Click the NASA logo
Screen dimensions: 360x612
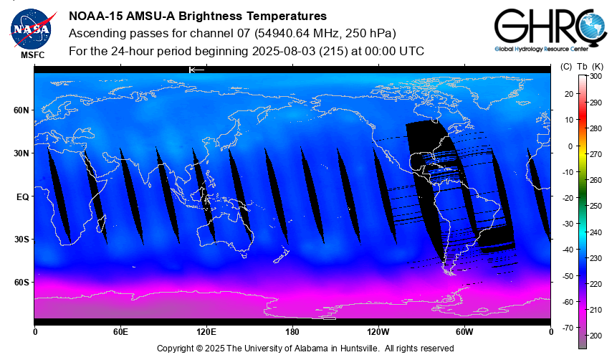(32, 29)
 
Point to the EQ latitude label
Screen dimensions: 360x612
(22, 196)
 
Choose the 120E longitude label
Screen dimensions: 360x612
(206, 332)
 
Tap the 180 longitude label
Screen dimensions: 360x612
(292, 332)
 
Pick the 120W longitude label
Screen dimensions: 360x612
(378, 332)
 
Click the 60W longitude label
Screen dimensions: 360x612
(464, 332)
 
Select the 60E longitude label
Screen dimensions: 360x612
(120, 332)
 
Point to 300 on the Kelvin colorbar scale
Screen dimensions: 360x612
(596, 76)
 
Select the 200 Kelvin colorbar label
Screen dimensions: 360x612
(596, 336)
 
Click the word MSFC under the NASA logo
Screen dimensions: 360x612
(32, 55)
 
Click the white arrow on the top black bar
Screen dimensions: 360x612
(196, 70)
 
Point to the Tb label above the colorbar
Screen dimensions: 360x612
(582, 67)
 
